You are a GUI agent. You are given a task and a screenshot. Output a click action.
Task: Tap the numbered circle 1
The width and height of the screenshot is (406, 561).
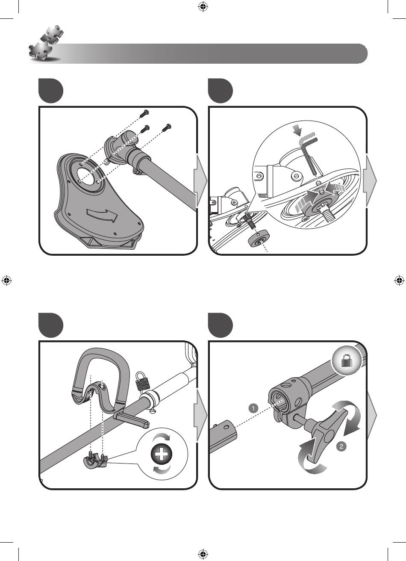(253, 408)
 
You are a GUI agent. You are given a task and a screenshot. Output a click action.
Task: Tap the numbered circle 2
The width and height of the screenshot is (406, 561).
(341, 446)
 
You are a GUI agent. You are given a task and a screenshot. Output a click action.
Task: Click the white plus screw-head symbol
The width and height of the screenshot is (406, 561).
(162, 454)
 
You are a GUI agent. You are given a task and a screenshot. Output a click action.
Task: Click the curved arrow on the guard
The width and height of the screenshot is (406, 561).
(102, 214)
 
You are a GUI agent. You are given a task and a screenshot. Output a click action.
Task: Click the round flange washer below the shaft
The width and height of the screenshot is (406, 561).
(259, 240)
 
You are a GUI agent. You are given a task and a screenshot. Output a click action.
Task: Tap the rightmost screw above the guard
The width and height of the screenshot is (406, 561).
(166, 127)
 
